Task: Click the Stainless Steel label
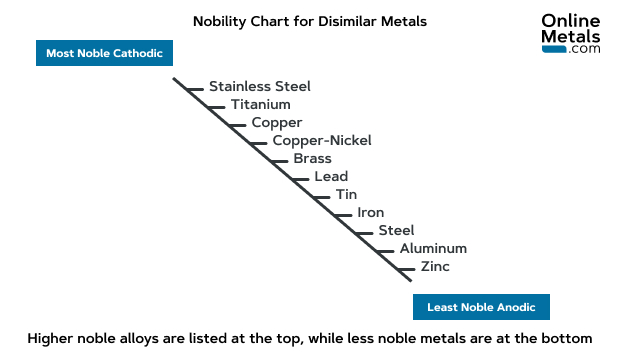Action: coord(260,86)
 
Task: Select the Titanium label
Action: coord(261,104)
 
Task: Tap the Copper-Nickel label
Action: coord(322,140)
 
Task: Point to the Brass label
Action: coord(313,158)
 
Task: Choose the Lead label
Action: coord(331,177)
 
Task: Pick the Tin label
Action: coord(346,194)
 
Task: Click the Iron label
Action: coord(371,212)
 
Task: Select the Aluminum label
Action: coord(433,248)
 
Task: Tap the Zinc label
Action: coord(435,266)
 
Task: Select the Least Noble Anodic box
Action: coord(481,307)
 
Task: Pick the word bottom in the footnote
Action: coord(567,338)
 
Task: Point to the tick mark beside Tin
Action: coord(321,196)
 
